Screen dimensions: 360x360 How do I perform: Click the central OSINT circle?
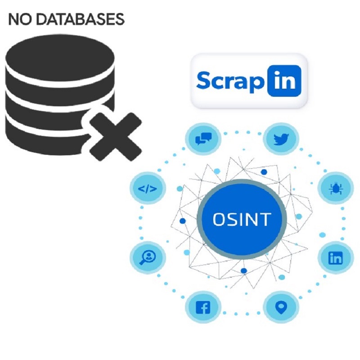[242, 219]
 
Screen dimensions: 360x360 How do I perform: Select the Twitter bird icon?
[281, 139]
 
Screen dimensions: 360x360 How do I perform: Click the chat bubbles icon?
[202, 139]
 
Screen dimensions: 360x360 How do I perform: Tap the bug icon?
[335, 189]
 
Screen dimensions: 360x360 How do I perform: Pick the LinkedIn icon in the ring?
[336, 258]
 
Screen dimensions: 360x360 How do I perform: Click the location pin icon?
[281, 308]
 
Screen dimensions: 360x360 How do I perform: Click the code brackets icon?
[148, 189]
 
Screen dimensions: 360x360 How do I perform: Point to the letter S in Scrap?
[203, 81]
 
